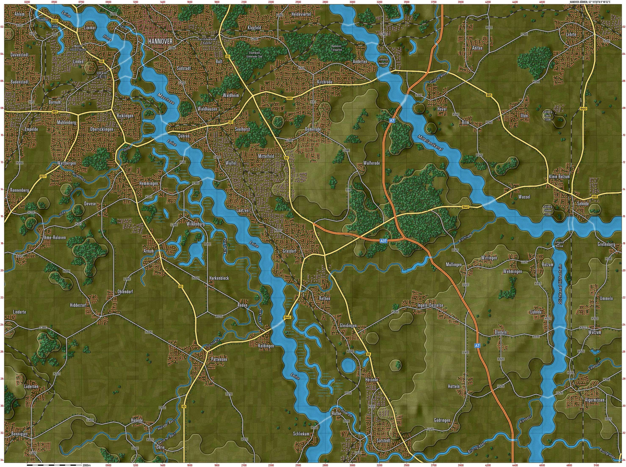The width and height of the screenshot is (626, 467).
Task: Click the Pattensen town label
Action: tap(219, 359)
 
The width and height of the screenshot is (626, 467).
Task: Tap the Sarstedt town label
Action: tap(384, 440)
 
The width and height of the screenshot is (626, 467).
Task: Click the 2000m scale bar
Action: tap(54, 465)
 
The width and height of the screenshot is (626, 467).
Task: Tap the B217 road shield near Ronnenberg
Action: tap(43, 176)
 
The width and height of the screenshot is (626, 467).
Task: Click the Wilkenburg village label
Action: tap(195, 224)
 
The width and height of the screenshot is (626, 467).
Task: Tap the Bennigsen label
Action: tap(19, 433)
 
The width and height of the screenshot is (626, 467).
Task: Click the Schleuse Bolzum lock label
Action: tap(560, 244)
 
